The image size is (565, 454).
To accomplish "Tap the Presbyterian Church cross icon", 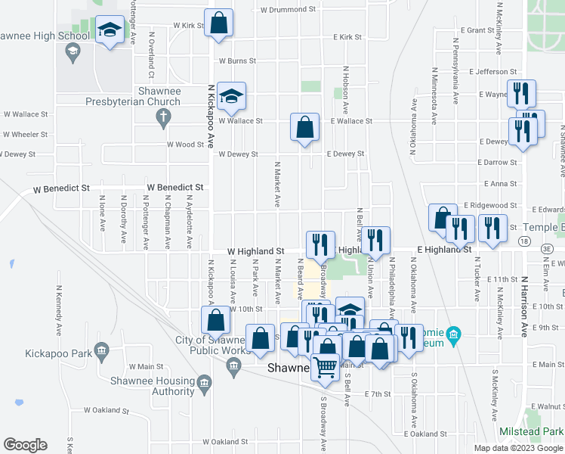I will (x=162, y=117).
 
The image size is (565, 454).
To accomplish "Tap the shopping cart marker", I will (x=326, y=368).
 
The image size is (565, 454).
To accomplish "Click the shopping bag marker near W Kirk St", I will (x=218, y=24).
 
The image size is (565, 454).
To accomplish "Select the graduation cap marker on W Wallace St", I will (x=231, y=96).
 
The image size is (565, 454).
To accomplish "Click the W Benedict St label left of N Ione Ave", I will (x=60, y=187).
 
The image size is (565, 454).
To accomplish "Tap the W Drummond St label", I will (x=288, y=10).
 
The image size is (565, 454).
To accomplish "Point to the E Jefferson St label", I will (x=491, y=72).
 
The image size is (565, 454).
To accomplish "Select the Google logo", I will (x=25, y=445).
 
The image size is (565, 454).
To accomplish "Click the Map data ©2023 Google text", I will (x=518, y=447).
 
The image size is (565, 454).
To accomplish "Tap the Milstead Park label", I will (x=531, y=431).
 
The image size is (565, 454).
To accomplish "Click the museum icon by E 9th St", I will (x=453, y=334).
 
